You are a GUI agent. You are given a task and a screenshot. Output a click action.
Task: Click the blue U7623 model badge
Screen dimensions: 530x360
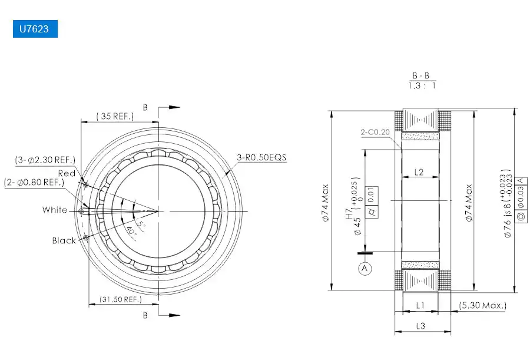pyautogui.click(x=35, y=29)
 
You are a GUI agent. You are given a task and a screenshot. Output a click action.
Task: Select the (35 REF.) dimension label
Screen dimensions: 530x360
pyautogui.click(x=115, y=116)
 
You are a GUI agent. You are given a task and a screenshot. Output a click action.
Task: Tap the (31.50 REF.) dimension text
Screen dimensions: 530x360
pyautogui.click(x=121, y=299)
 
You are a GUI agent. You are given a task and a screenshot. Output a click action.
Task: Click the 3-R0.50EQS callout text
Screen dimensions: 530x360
pyautogui.click(x=261, y=157)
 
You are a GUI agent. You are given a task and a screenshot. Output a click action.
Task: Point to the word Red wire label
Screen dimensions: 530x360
pyautogui.click(x=67, y=173)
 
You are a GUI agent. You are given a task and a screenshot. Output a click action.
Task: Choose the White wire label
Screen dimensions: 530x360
pyautogui.click(x=55, y=210)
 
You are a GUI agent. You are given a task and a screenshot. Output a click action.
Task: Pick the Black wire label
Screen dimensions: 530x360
pyautogui.click(x=64, y=240)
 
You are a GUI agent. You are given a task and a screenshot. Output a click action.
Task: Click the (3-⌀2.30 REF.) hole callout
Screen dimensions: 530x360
pyautogui.click(x=45, y=160)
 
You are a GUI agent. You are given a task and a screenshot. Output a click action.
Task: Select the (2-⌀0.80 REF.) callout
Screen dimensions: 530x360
pyautogui.click(x=34, y=183)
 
